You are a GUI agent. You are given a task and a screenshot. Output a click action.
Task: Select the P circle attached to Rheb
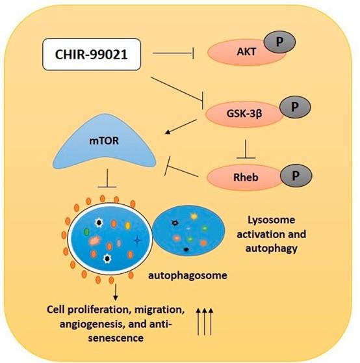tap(295, 173)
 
